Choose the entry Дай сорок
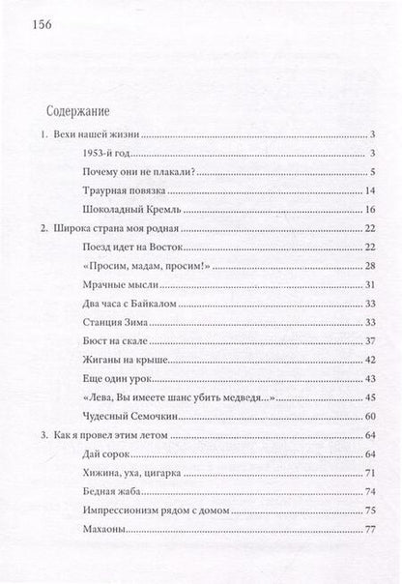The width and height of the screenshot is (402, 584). pyautogui.click(x=107, y=454)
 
